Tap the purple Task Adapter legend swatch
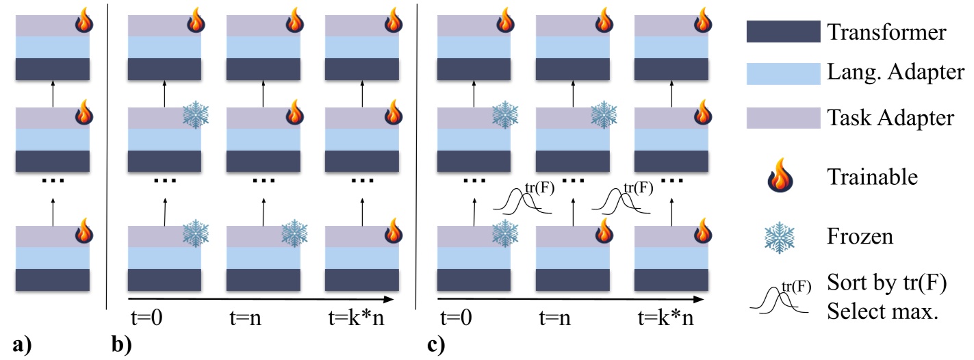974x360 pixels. (782, 118)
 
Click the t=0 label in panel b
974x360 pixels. (146, 318)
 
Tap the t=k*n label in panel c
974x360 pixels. (665, 318)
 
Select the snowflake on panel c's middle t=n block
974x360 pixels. (604, 114)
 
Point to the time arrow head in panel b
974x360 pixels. (390, 299)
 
